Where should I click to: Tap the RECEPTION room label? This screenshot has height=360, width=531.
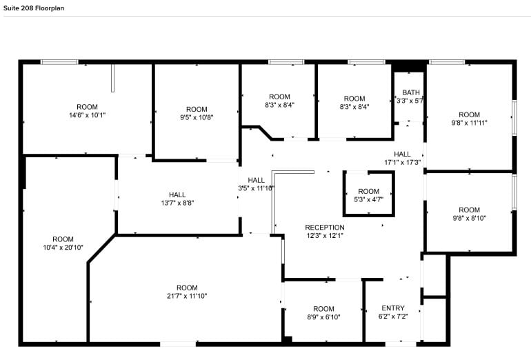coord(324,227)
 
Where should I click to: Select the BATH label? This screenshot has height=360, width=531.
coord(411,92)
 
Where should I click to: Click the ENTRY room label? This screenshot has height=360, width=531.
coord(393,308)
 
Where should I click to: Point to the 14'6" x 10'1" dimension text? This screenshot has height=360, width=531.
coord(87,115)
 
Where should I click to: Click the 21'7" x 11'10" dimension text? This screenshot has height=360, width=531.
coord(186,296)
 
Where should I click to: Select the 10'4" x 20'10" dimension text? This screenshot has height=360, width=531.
coord(63,247)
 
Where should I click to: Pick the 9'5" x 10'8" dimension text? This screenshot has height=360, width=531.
coord(197,117)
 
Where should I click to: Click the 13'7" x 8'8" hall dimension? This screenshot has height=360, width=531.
coord(177,203)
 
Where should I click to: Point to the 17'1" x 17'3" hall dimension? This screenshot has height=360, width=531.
coord(402,162)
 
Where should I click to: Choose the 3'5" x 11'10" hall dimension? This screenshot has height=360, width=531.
coord(256,188)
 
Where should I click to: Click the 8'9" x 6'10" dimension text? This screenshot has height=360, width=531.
coord(323,317)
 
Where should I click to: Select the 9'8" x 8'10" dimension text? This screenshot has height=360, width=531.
coord(469,218)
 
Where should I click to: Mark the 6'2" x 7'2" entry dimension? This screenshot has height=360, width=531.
coord(393,317)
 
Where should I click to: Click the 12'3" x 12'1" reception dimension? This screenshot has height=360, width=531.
coord(324,235)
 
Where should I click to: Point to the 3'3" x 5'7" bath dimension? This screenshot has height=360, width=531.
coord(411,101)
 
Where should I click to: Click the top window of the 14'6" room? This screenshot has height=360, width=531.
coord(59,62)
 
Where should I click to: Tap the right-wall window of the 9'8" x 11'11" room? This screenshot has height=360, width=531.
coord(514,117)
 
